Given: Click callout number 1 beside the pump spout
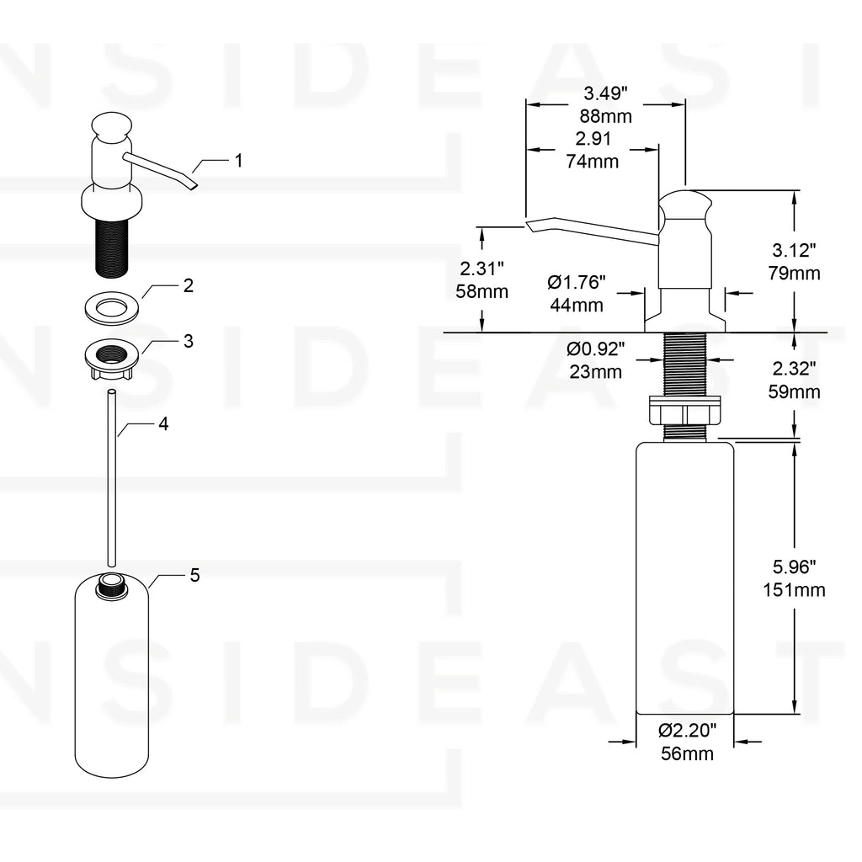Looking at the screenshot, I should pyautogui.click(x=238, y=160).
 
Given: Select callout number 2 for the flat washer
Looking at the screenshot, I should pyautogui.click(x=188, y=285).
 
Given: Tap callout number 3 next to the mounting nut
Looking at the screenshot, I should pyautogui.click(x=188, y=341).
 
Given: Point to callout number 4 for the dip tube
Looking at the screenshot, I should pyautogui.click(x=163, y=424).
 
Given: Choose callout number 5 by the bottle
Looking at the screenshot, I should pyautogui.click(x=194, y=576).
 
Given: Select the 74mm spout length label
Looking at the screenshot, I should pyautogui.click(x=592, y=162).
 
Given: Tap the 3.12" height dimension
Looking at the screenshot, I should pyautogui.click(x=795, y=249).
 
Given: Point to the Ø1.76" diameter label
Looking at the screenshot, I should pyautogui.click(x=577, y=282).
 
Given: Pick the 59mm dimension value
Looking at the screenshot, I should pyautogui.click(x=795, y=391).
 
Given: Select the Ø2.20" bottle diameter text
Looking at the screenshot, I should pyautogui.click(x=686, y=731).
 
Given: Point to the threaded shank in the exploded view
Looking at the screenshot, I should pyautogui.click(x=109, y=245).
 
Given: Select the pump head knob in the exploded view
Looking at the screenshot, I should pyautogui.click(x=110, y=126).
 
